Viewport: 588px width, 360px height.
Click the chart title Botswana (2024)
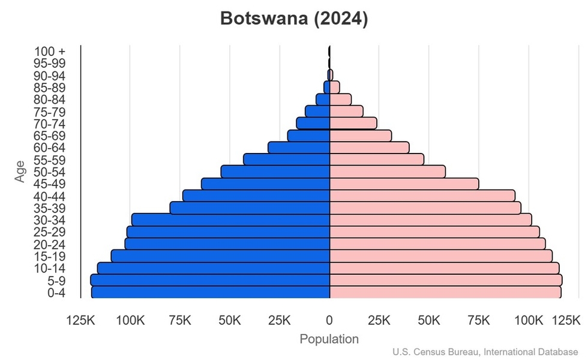[294, 19]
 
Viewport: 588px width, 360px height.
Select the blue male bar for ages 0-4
[211, 292]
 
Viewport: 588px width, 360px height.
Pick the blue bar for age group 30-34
[231, 220]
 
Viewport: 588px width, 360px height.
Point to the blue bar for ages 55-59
[287, 160]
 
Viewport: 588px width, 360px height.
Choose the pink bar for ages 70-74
[353, 123]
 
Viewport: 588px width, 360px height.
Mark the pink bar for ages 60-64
[369, 148]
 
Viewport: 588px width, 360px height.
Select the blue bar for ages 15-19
[221, 256]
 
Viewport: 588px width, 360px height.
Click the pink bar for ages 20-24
[437, 244]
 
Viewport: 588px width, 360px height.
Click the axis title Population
[329, 339]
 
